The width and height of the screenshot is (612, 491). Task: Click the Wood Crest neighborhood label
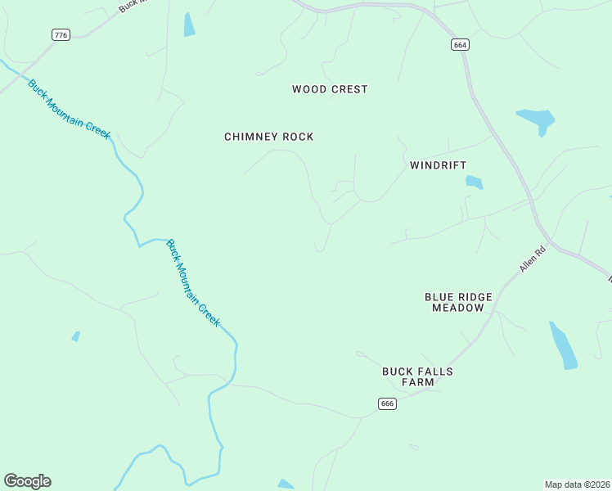[x=330, y=89]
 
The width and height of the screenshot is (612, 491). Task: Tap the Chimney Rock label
[x=268, y=137]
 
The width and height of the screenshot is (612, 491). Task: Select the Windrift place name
[x=438, y=165]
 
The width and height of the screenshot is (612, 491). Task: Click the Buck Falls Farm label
[x=417, y=376]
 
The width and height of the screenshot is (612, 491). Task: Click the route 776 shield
[x=61, y=34]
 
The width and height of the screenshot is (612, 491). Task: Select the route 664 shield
[x=460, y=45]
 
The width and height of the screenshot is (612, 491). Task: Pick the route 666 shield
[x=387, y=403]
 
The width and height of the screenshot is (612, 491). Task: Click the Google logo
[x=27, y=481]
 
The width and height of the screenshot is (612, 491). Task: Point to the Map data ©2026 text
[x=577, y=484]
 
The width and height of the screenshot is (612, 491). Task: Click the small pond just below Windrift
[x=475, y=182]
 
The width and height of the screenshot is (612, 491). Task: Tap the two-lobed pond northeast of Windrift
[x=537, y=120]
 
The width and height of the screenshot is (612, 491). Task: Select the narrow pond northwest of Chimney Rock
[x=190, y=25]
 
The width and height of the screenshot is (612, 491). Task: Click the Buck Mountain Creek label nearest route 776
[x=69, y=109]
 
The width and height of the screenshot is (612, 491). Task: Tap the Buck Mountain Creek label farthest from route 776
[x=193, y=282]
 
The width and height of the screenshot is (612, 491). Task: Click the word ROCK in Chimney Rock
[x=298, y=137]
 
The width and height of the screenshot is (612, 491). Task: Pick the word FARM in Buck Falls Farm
[x=417, y=382]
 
